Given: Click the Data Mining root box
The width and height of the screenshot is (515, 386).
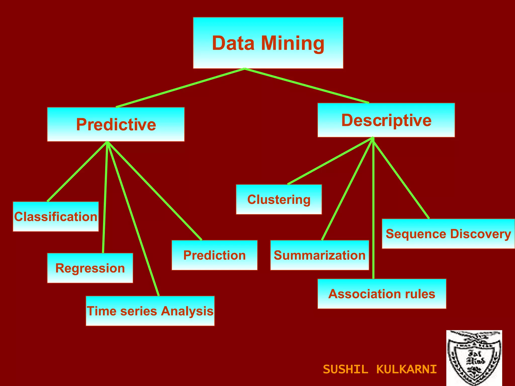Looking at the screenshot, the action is coord(268,43).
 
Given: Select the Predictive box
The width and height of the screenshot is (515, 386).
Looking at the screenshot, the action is coord(116,124).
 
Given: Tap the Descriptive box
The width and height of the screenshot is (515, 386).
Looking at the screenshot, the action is coord(386,120).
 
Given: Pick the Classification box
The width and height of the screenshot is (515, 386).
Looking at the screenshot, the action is coord(56,217).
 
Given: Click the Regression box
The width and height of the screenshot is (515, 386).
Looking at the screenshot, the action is coord(90,268).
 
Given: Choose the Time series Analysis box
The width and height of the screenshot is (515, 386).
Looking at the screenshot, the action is coord(150,311).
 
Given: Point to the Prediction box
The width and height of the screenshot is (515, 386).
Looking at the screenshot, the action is coord(214,255).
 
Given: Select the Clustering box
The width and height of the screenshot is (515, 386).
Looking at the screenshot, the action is coord(279,200).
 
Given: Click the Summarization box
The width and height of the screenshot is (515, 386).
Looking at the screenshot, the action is coord(319,255).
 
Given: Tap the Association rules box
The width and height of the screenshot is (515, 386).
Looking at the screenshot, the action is coord(382,294).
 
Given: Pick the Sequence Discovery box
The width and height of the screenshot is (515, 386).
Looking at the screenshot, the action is coord(448,234).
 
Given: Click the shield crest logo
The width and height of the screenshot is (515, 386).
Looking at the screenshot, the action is coord(474,358).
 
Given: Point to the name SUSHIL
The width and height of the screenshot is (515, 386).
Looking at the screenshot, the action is coord(345,369).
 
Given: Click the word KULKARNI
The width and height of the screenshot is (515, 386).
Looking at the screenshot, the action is coord(407,369).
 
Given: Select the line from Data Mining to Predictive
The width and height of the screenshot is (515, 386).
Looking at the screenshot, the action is coord(180,88).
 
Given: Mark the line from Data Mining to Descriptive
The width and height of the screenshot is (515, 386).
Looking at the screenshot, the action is coord(307,86).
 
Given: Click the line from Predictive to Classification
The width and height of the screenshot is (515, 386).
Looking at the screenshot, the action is coord(77,171).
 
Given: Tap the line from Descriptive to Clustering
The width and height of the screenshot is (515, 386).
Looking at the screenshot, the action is coord(330,161).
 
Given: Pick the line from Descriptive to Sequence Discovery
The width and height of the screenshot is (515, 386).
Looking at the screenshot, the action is coord(401,178).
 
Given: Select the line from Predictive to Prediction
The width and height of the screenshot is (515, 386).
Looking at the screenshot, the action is coord(154,190).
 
